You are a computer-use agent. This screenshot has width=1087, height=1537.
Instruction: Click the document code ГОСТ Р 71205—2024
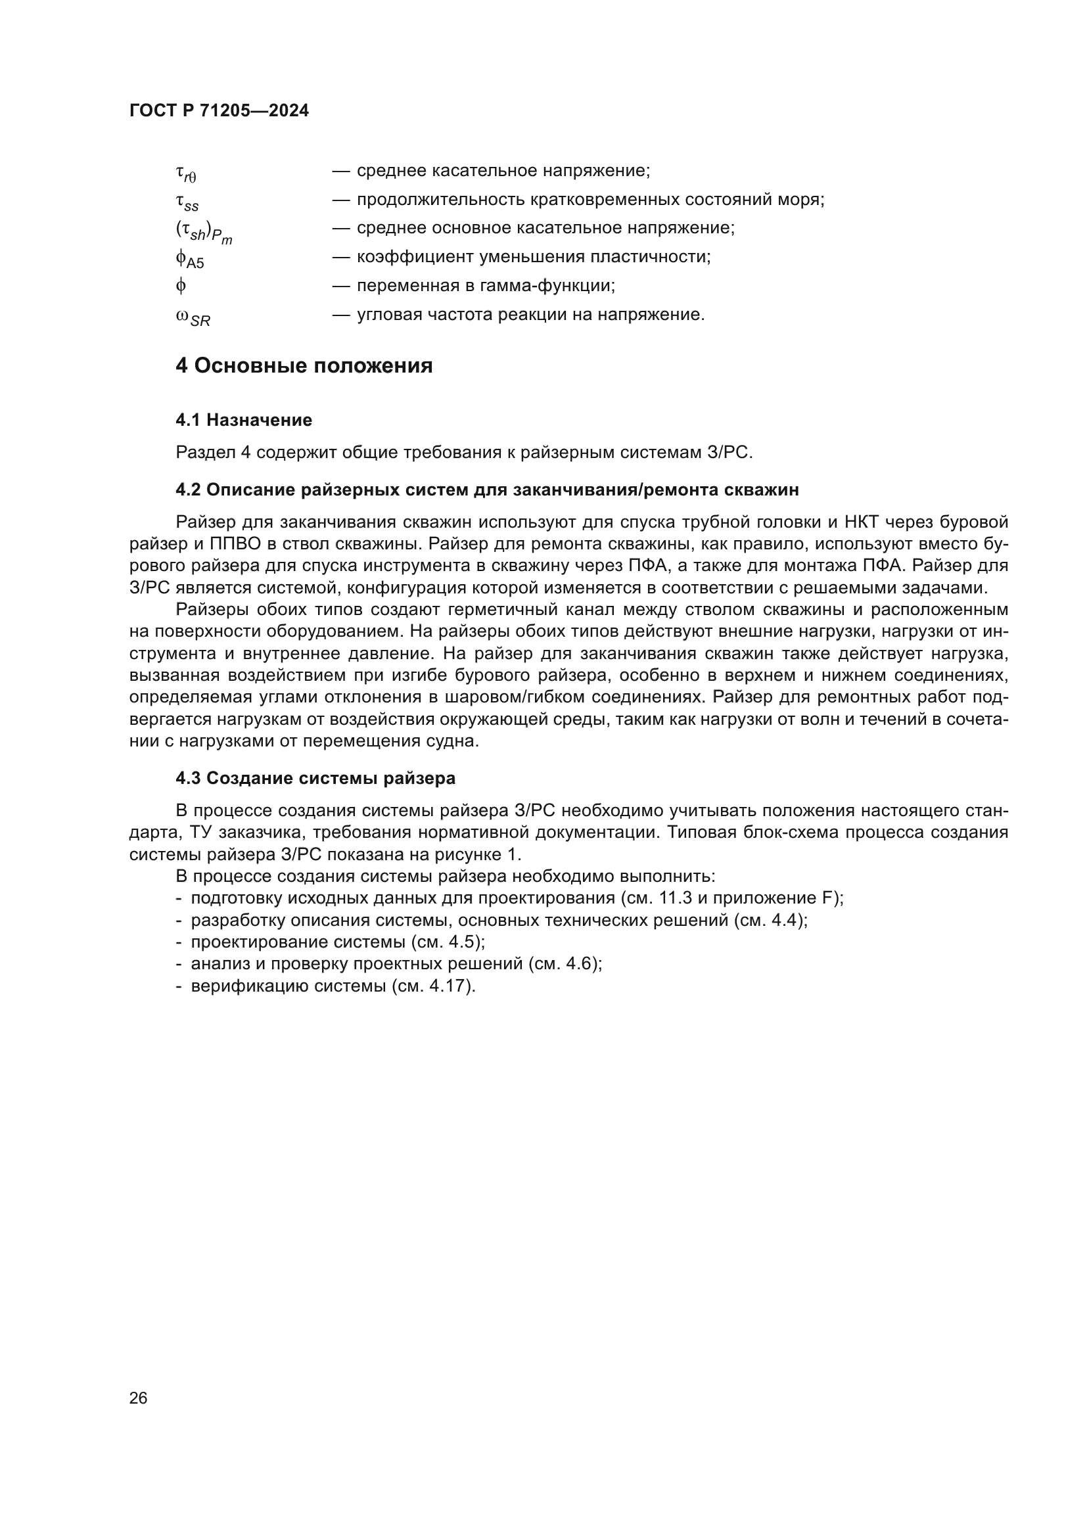(219, 110)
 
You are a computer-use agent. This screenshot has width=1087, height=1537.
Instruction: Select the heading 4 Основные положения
(304, 365)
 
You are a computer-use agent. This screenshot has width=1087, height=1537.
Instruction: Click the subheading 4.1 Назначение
(244, 420)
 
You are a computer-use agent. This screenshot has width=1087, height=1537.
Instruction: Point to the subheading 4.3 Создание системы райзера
(315, 778)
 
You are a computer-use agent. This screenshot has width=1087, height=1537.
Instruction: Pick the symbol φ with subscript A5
(189, 258)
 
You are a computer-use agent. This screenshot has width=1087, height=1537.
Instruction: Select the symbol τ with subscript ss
(187, 202)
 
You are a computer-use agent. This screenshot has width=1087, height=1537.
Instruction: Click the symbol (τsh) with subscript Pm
(204, 231)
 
